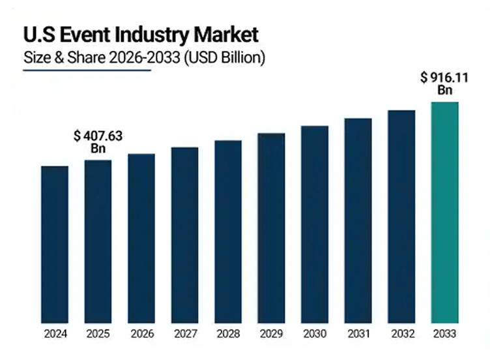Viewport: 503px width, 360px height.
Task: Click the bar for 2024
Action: point(54,245)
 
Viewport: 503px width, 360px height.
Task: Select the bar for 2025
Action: point(98,241)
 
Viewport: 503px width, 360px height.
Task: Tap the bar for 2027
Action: point(184,235)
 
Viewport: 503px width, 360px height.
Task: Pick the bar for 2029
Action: point(271,228)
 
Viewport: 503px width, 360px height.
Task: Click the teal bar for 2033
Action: point(445,212)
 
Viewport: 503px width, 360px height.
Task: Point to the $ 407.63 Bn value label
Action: point(98,142)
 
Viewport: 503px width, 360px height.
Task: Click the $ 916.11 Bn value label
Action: point(445,83)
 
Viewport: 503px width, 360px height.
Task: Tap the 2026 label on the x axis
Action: point(141,334)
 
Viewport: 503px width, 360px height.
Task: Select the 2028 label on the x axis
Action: point(228,334)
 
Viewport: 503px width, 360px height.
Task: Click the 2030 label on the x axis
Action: point(315,334)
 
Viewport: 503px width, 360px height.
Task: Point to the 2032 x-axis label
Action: point(401,334)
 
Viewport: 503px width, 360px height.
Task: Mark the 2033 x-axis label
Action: point(445,334)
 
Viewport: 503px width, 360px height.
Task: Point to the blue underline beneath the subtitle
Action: point(87,70)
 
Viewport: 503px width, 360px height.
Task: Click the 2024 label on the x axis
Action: point(54,334)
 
